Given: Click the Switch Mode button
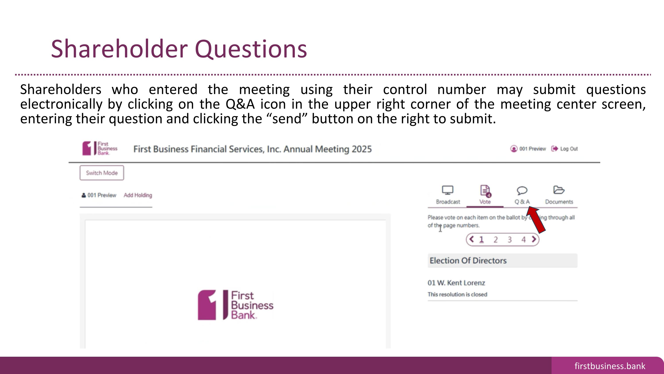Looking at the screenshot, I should [x=102, y=173].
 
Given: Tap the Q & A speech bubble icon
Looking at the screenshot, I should [x=522, y=190].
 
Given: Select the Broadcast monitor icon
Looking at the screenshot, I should [x=448, y=190].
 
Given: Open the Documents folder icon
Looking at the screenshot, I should [x=559, y=190].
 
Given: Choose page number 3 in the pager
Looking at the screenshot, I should [x=509, y=239].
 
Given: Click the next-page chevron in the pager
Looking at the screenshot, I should [x=534, y=239].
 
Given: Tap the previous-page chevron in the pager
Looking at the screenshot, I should [x=471, y=239].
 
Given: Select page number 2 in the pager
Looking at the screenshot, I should [x=495, y=239].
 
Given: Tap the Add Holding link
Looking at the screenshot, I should [x=138, y=195].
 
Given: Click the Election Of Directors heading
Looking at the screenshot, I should [x=468, y=261].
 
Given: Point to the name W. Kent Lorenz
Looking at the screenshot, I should [x=461, y=283].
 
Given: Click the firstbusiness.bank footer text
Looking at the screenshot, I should [x=610, y=366].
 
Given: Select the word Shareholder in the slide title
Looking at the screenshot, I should [x=119, y=49].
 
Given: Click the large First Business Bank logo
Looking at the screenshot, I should [x=235, y=305].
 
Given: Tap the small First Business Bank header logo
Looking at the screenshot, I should [x=100, y=148].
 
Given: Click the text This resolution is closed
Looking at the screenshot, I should [x=457, y=294].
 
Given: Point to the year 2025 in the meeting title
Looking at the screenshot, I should [x=362, y=149].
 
